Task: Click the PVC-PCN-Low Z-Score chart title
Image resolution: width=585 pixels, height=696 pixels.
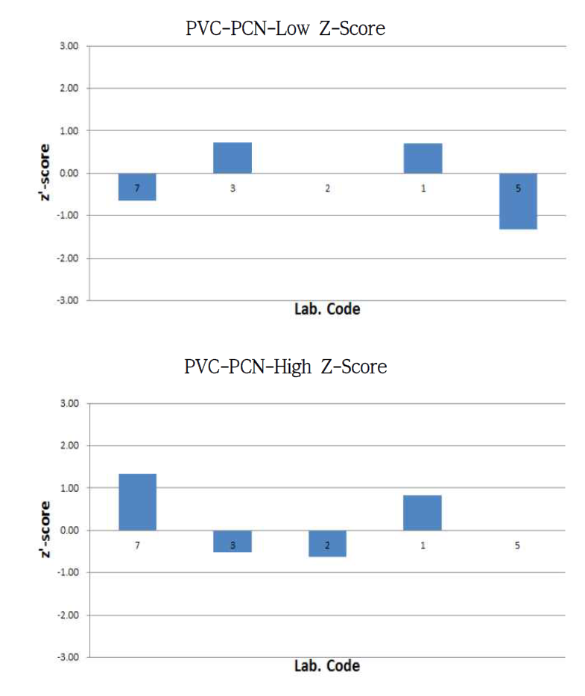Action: (x=285, y=29)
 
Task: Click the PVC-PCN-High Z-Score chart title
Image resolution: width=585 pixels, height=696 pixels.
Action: (x=286, y=367)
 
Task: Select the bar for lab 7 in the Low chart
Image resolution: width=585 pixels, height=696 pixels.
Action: (x=137, y=186)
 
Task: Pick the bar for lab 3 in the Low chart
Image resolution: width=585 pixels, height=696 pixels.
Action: (x=233, y=158)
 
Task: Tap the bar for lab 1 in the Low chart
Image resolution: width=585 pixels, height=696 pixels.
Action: (x=423, y=158)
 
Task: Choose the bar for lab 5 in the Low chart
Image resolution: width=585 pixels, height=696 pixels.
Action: (x=518, y=200)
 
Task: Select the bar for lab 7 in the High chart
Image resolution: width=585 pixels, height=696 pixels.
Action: (x=137, y=502)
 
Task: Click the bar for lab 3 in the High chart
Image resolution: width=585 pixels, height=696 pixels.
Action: (x=233, y=541)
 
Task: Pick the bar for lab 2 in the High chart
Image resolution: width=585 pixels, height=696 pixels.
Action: (x=327, y=543)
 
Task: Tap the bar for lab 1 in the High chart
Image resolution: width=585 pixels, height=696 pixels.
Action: (x=423, y=513)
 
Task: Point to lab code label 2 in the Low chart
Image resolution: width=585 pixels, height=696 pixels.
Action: (x=328, y=189)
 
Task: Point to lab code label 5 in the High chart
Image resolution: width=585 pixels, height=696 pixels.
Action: (x=518, y=545)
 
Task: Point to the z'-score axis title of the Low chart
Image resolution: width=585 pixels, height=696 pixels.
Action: (x=46, y=174)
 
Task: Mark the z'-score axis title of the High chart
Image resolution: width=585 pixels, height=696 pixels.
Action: (x=46, y=531)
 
